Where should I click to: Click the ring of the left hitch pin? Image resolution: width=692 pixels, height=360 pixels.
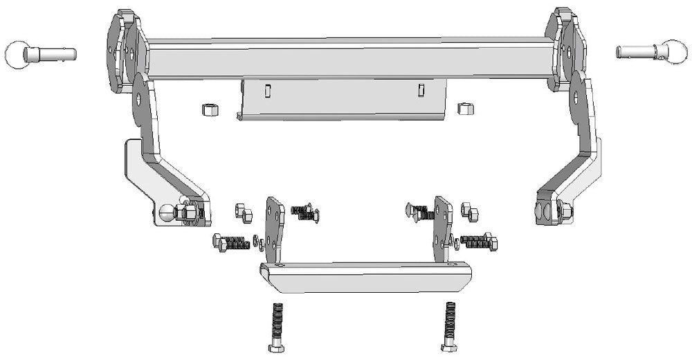tap(15, 54)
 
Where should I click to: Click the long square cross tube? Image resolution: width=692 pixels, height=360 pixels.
tap(346, 60)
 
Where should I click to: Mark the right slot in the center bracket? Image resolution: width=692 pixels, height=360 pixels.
tap(420, 90)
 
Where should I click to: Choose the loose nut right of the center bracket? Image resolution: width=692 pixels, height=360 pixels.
tap(465, 108)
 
